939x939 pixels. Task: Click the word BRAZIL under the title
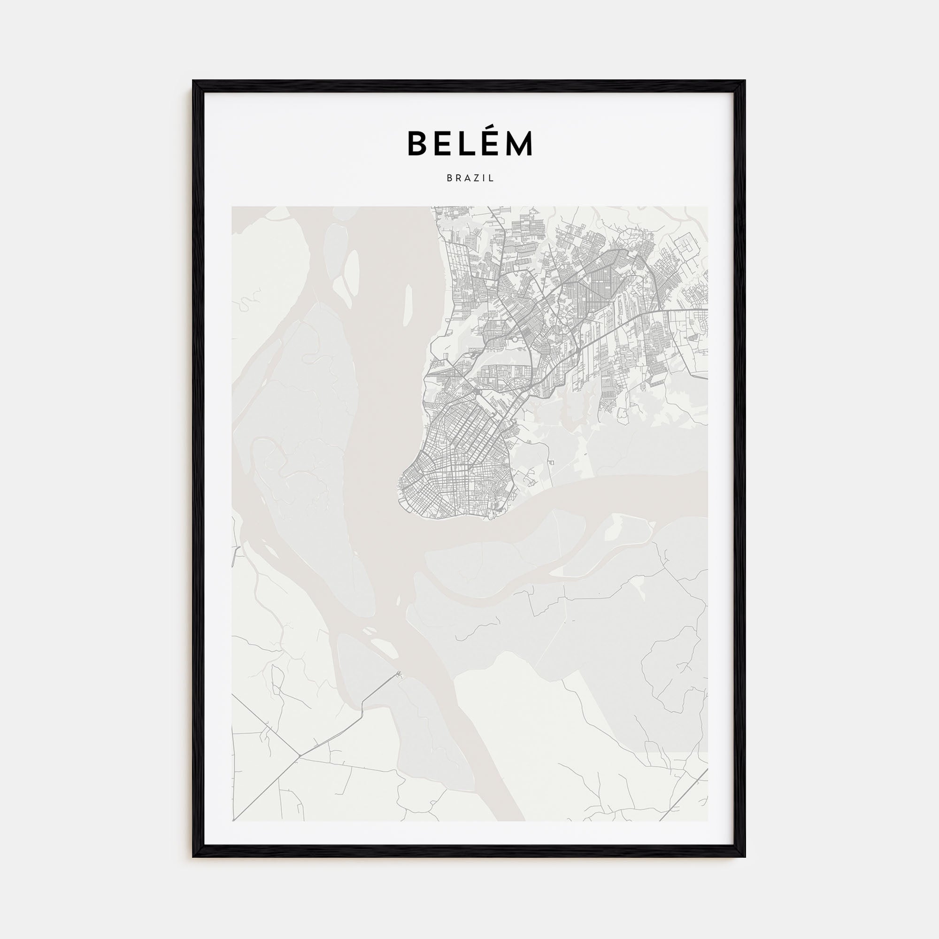coord(470,178)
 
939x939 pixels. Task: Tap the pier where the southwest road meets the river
coord(399,674)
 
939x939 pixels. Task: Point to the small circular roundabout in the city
coord(478,391)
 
